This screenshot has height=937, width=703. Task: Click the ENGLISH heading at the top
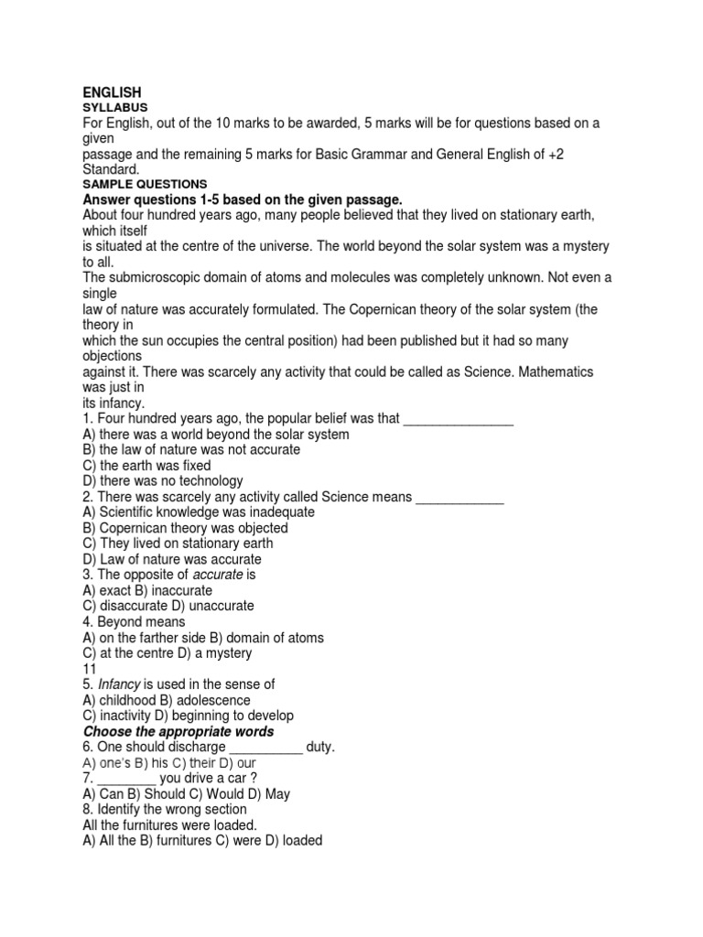[112, 92]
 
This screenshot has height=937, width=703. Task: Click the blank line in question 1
[458, 419]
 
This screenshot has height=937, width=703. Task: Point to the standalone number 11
[90, 669]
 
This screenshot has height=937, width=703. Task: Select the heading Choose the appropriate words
[178, 732]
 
